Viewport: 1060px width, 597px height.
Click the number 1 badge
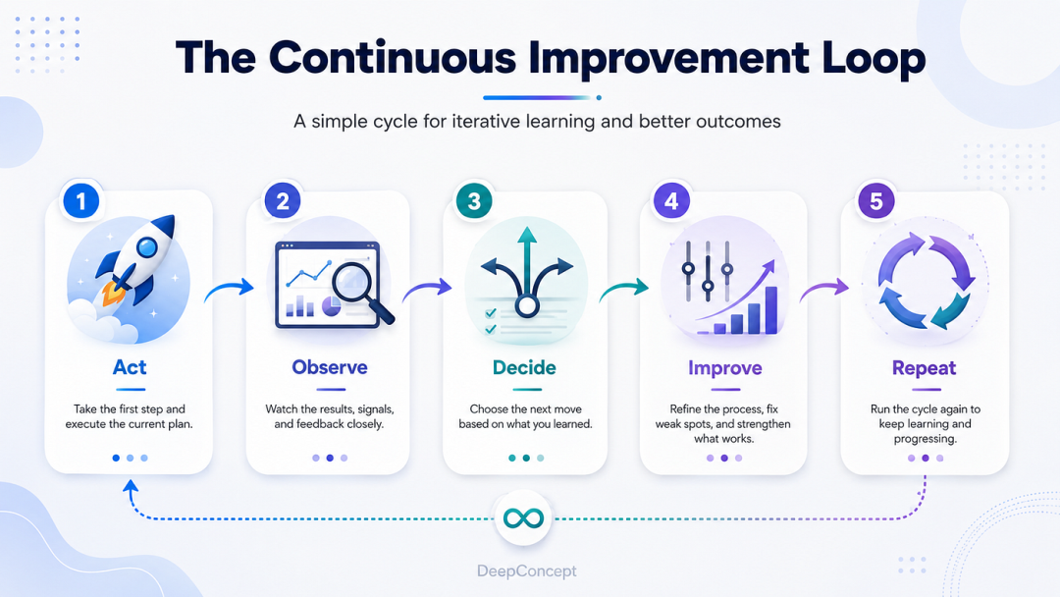coord(81,201)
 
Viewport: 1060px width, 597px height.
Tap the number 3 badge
coord(474,201)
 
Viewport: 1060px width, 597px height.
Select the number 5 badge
coord(876,201)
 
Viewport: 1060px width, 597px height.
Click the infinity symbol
coord(523,518)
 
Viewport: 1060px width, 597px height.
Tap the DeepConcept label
coord(527,571)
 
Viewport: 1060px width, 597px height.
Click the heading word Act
coord(130,367)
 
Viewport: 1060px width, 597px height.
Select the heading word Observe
coord(330,367)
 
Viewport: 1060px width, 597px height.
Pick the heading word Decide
coord(524,367)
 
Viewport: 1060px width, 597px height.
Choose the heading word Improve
coord(724,368)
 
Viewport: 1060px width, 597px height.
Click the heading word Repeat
coord(925,368)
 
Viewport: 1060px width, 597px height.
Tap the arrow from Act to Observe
coord(229,289)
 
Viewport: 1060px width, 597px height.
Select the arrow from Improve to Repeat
coord(824,289)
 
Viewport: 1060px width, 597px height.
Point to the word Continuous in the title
coord(393,58)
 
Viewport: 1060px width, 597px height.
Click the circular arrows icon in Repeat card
coord(926,281)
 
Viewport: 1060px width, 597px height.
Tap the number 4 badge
coord(671,201)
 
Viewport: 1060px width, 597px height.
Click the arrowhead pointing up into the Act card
coord(131,485)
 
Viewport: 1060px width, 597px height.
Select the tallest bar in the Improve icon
coord(771,310)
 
